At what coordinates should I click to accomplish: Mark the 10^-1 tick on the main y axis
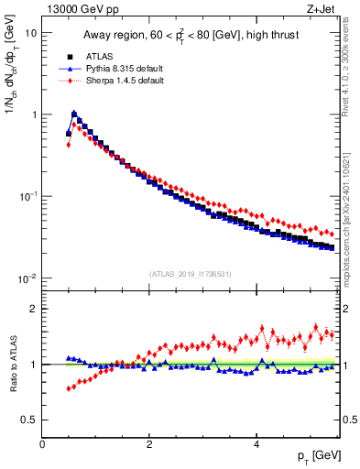pyautogui.click(x=27, y=197)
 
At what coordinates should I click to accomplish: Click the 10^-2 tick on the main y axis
pyautogui.click(x=27, y=278)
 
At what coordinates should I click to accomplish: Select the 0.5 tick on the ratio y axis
pyautogui.click(x=29, y=420)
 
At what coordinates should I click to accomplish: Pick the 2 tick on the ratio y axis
pyautogui.click(x=34, y=309)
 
